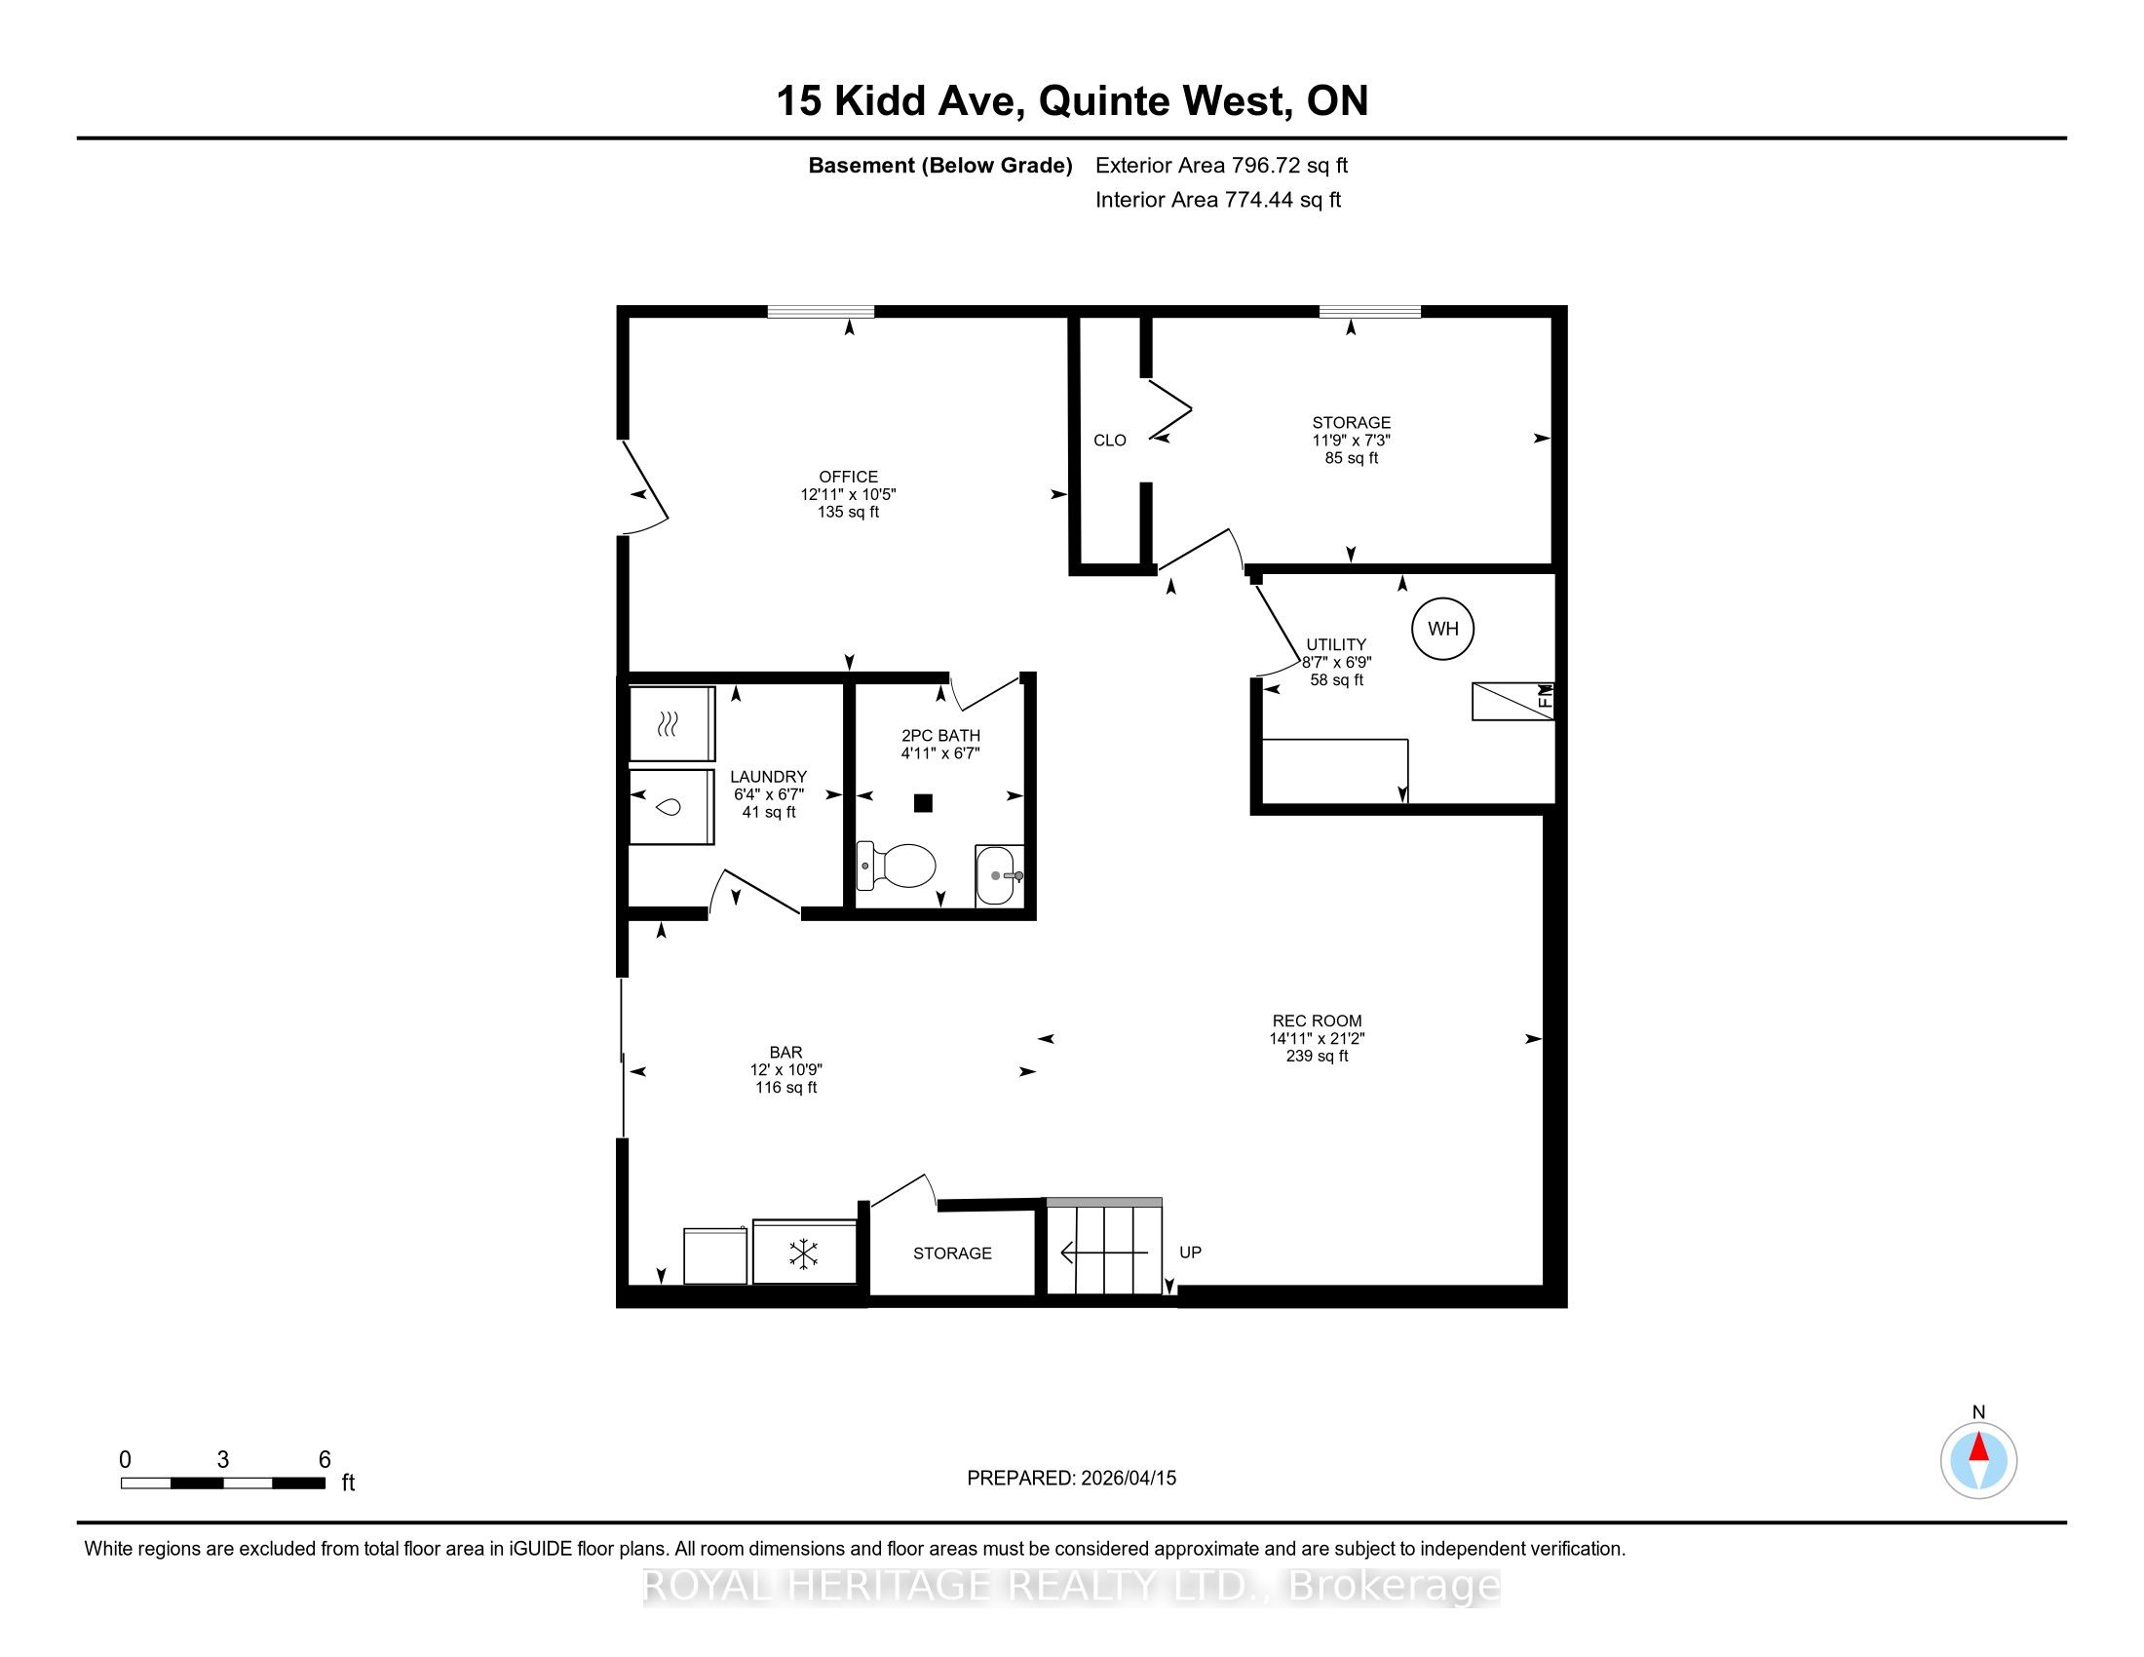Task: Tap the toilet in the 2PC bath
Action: tap(897, 865)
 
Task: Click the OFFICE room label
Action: tap(848, 477)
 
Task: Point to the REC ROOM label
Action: tap(1317, 1021)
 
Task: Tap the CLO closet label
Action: tap(1109, 441)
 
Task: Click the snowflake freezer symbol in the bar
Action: tap(804, 1253)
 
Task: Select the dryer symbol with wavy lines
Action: tap(669, 724)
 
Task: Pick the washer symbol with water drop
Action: tap(670, 807)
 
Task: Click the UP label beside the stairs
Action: tap(1190, 1252)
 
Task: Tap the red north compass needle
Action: tap(1979, 1448)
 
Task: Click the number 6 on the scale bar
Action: tap(325, 1460)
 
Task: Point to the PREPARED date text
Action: tap(1071, 1479)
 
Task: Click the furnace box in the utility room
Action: tap(1512, 701)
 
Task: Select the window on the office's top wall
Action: tap(821, 312)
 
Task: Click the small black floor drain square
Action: tap(923, 803)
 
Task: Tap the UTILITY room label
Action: tap(1335, 645)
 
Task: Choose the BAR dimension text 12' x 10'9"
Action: tap(785, 1070)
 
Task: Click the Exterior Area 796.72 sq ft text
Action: tap(1221, 166)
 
